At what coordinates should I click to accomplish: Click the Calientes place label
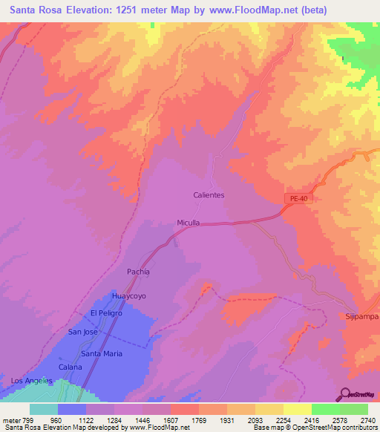coord(209,195)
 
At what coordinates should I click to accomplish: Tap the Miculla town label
coord(189,223)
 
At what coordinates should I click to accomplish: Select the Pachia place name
coord(138,272)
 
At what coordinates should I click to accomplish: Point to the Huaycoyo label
coord(126,296)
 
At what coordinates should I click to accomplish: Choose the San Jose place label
coord(82,332)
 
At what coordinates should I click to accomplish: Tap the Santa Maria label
coord(102,353)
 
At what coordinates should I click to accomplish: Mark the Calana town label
coord(71,367)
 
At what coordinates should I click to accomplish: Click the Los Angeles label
coord(32,381)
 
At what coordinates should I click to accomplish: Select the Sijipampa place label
coord(361,316)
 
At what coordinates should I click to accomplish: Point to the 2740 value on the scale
coord(367,419)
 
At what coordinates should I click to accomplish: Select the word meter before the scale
coord(13,419)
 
